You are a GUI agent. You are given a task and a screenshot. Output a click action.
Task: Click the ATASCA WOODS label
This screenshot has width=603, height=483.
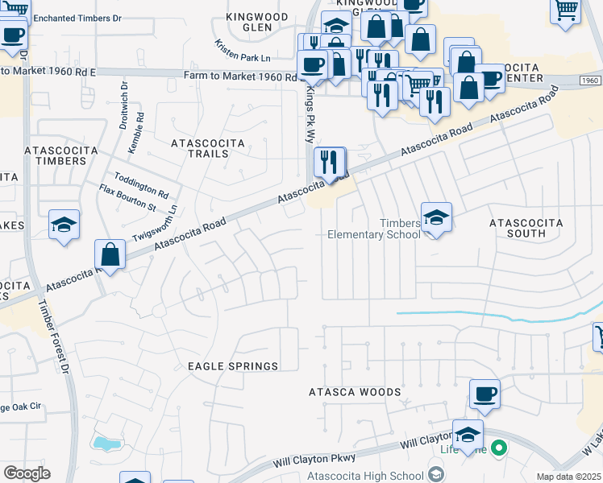tap(355, 392)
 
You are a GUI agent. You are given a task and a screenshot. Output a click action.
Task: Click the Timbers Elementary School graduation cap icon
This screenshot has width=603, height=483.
tap(435, 217)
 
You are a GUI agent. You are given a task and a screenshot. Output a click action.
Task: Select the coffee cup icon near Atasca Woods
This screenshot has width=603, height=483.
tap(484, 394)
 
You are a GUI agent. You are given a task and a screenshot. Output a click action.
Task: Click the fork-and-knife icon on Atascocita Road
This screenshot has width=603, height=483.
tap(330, 162)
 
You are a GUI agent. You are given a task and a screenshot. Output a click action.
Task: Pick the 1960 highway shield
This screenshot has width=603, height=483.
tap(589, 80)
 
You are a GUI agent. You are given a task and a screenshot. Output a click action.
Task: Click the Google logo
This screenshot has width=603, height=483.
tap(27, 473)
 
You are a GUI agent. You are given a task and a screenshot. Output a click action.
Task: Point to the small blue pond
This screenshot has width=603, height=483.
tap(106, 444)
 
